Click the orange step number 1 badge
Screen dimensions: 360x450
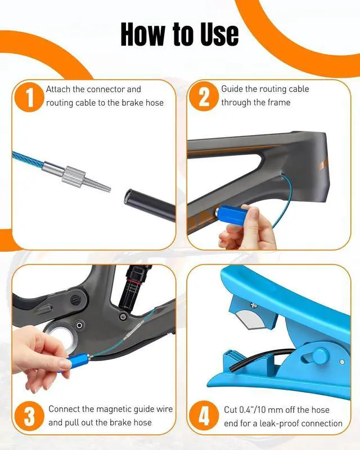[x=29, y=97]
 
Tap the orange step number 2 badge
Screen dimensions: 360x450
[x=204, y=96]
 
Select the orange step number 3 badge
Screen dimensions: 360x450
[x=29, y=416]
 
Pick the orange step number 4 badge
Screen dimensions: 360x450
[x=204, y=416]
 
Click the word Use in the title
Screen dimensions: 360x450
[x=219, y=34]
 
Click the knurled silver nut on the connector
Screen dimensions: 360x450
[x=73, y=174]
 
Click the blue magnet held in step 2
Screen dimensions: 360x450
[x=232, y=215]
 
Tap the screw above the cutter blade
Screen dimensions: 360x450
[x=253, y=306]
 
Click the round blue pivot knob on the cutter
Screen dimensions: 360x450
[x=320, y=356]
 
